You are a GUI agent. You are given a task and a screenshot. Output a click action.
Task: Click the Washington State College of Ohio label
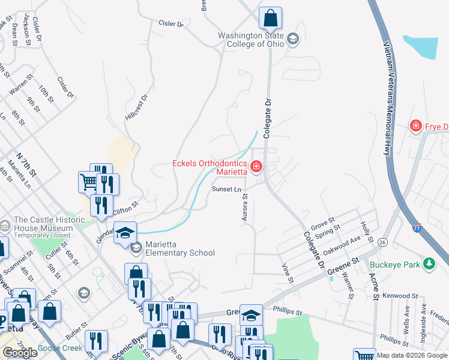[x=251, y=40]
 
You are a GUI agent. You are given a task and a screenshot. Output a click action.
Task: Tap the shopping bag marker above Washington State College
[x=271, y=18]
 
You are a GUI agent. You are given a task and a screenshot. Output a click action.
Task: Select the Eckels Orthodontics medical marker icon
[x=256, y=166]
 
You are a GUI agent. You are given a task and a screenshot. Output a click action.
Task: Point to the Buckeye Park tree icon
[x=429, y=263]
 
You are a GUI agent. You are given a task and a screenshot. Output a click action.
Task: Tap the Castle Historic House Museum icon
[x=5, y=226]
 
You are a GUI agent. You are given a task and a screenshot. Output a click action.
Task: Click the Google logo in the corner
[x=20, y=353]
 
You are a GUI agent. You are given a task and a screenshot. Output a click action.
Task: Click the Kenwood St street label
[x=400, y=296]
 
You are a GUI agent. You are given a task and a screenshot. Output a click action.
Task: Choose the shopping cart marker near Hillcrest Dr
[x=88, y=181]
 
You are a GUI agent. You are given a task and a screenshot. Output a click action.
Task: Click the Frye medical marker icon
[x=415, y=125]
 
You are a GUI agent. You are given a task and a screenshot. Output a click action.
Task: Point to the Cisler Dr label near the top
[x=170, y=24]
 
